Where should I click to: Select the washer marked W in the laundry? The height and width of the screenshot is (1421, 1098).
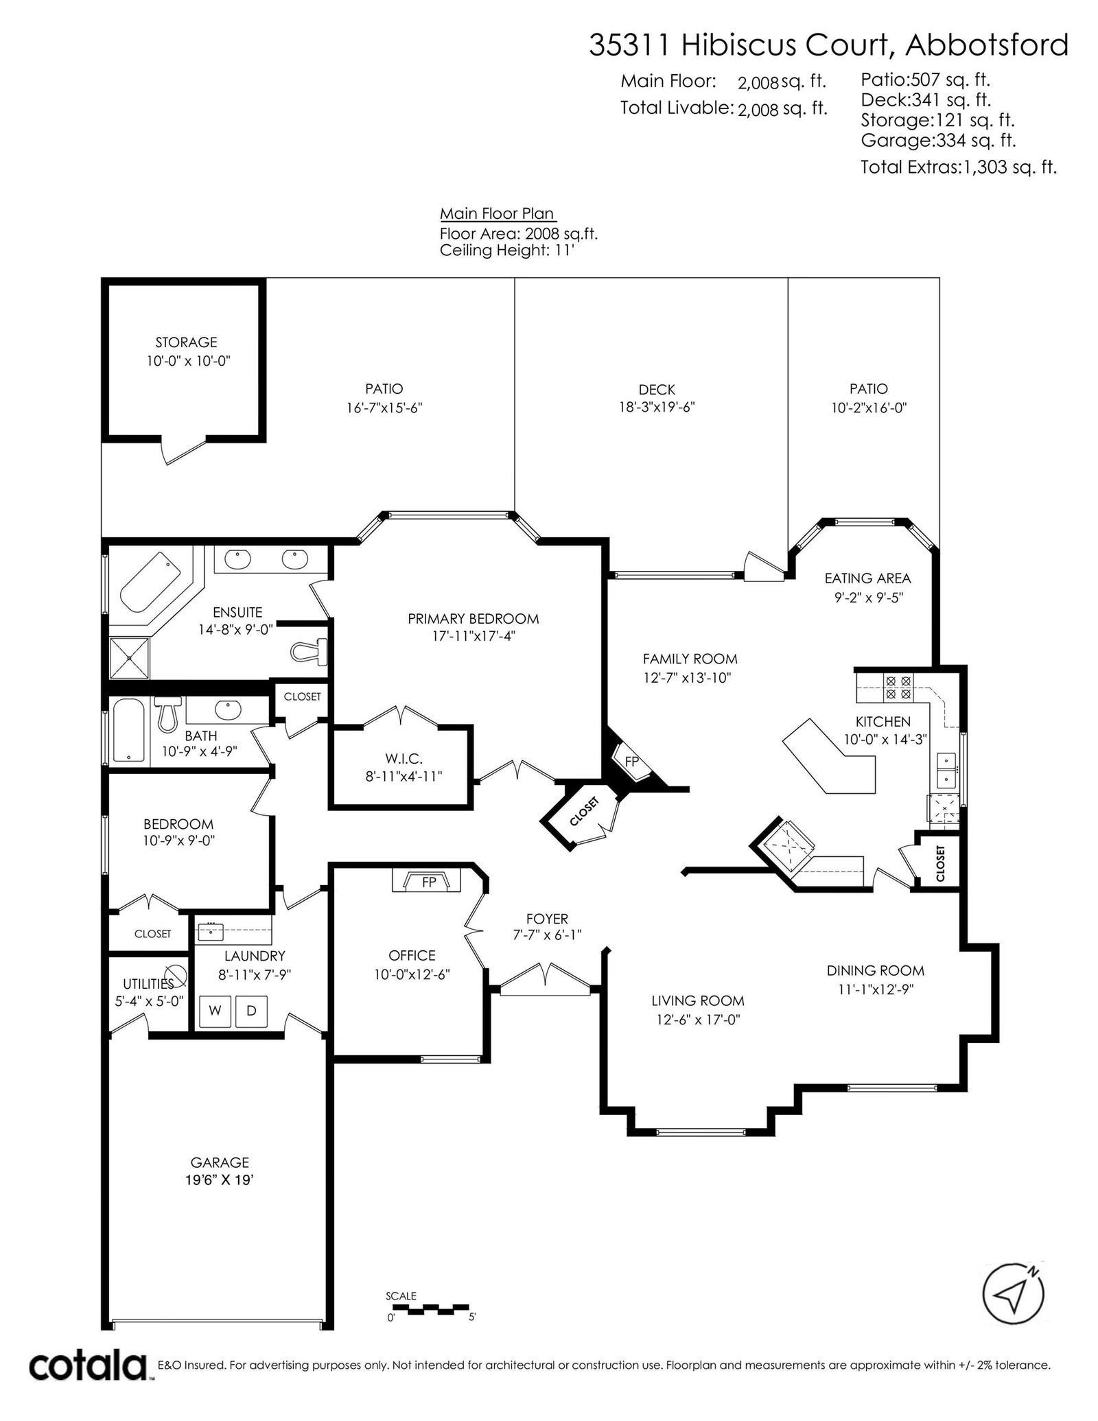(x=215, y=1010)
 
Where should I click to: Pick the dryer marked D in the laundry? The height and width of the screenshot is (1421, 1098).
(x=251, y=1010)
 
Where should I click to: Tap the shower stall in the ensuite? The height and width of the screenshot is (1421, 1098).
(x=130, y=657)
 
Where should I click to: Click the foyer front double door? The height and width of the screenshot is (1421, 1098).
(x=546, y=980)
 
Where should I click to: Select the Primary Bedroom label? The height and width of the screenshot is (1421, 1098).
(x=474, y=619)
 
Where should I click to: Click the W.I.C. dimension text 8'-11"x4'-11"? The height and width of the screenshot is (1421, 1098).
(x=404, y=776)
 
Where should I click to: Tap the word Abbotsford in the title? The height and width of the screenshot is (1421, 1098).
(x=987, y=45)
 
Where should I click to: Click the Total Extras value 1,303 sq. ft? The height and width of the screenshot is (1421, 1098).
(x=1008, y=167)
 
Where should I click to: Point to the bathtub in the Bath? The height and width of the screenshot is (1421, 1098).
(x=129, y=730)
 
